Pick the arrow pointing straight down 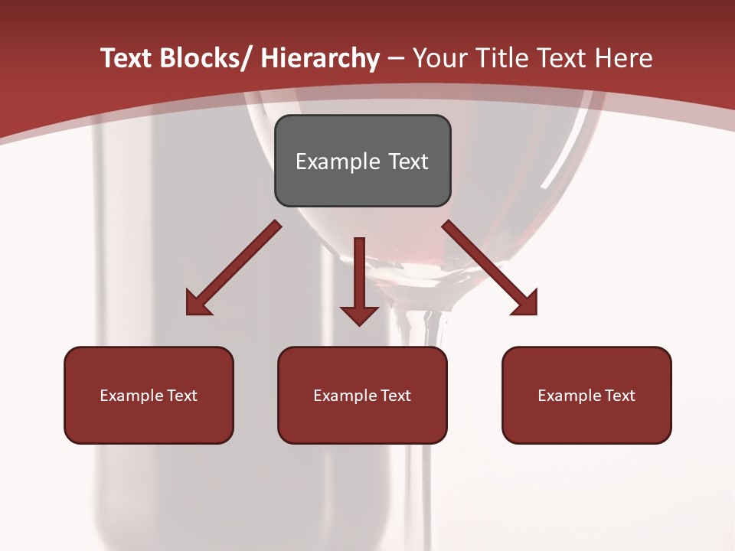click(x=359, y=275)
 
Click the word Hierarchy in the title click(x=319, y=58)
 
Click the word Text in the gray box click(x=408, y=161)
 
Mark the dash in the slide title click(x=396, y=59)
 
